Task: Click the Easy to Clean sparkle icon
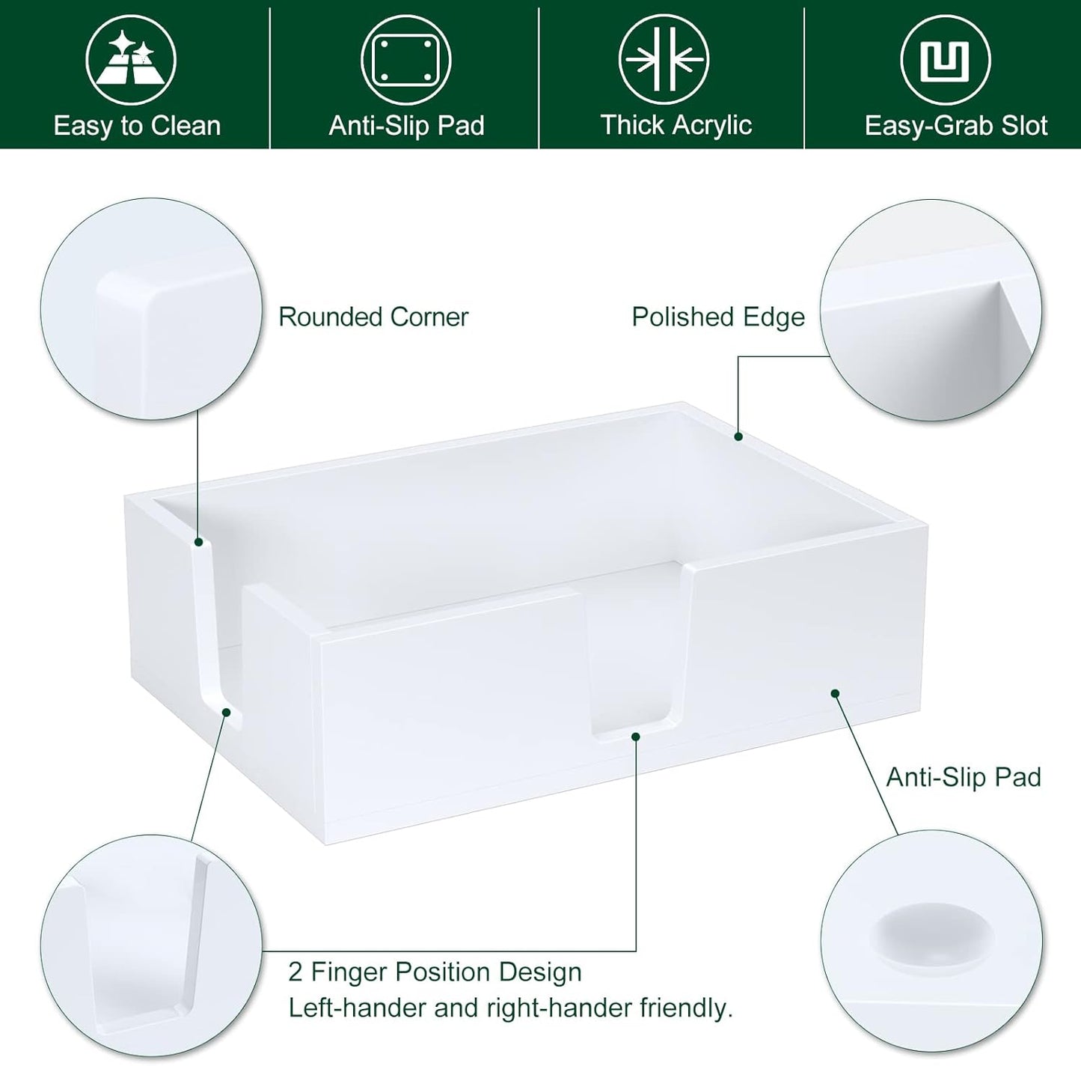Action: click(x=130, y=60)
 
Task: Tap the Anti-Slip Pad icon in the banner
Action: click(x=406, y=60)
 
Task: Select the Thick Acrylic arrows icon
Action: click(x=664, y=60)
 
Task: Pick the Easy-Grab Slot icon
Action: click(x=946, y=60)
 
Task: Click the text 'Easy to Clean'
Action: click(x=137, y=126)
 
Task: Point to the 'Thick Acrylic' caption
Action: click(x=676, y=125)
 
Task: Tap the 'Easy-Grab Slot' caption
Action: click(x=955, y=126)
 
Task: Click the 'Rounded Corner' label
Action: click(x=373, y=317)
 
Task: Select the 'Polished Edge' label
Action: click(x=718, y=317)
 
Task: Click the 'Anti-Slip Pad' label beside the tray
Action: click(x=964, y=778)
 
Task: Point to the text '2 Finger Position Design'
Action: click(x=435, y=972)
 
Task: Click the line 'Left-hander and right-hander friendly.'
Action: click(x=510, y=1008)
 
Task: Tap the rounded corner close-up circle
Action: click(x=151, y=308)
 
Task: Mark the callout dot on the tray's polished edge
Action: click(x=738, y=436)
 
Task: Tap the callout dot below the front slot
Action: click(x=635, y=737)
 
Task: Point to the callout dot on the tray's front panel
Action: click(x=835, y=693)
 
